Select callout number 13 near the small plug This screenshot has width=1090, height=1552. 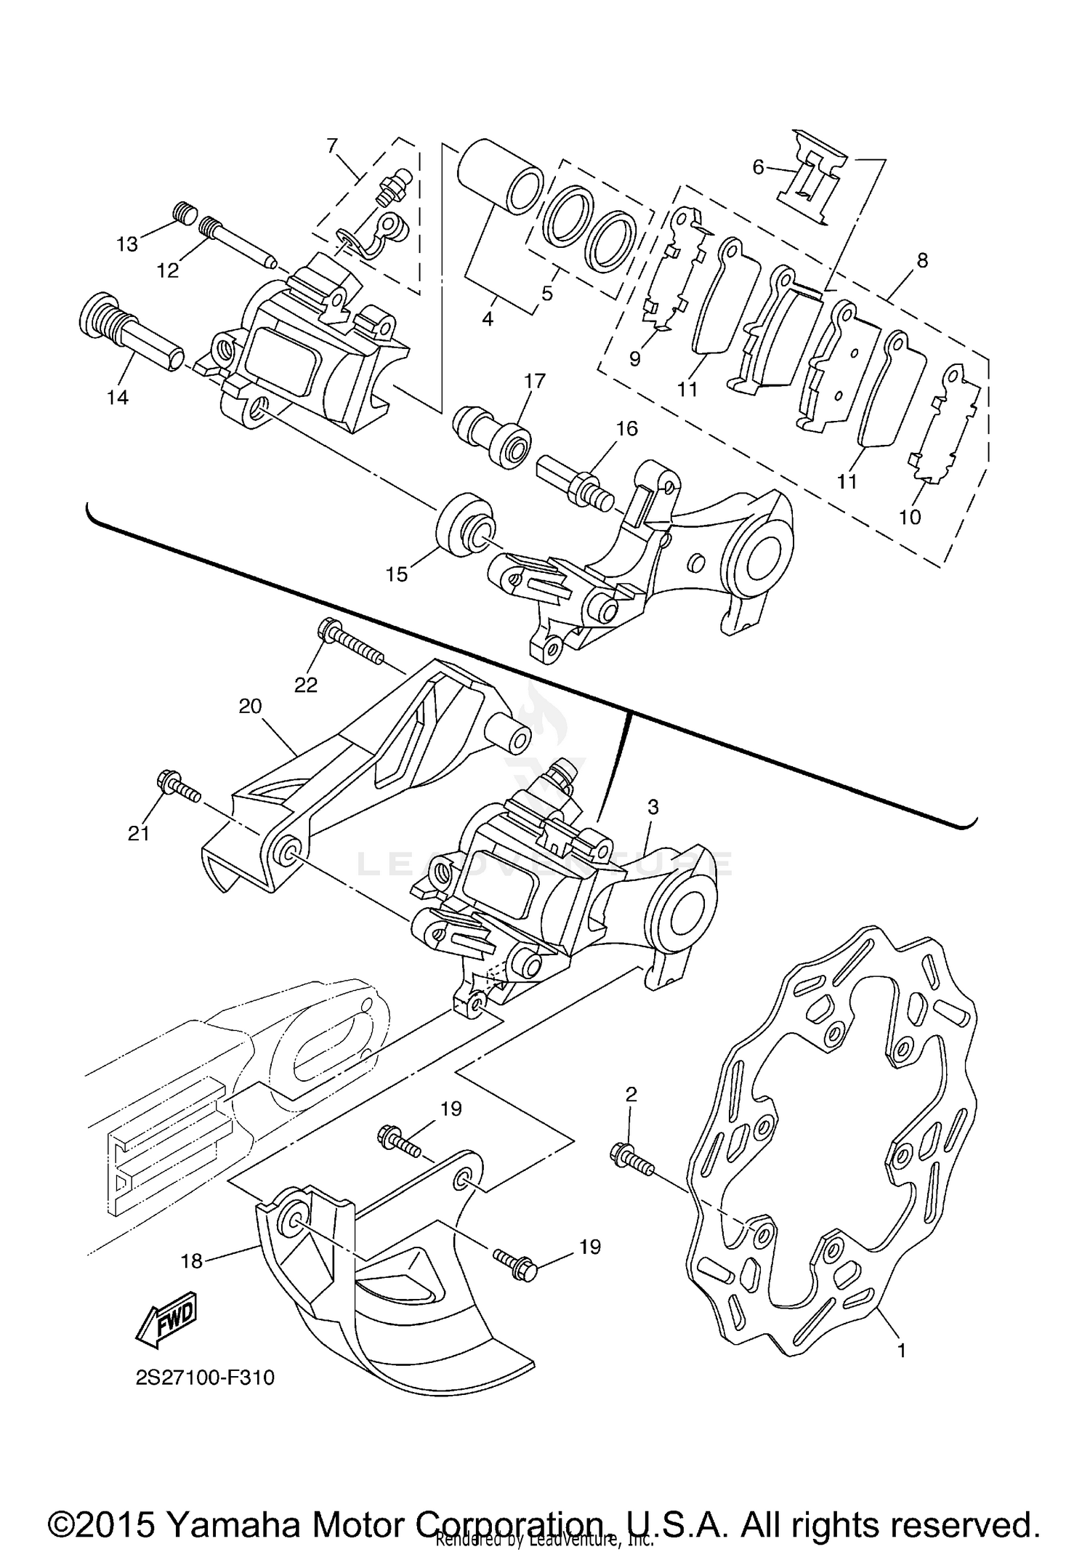coord(127,244)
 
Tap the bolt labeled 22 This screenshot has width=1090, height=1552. coord(350,640)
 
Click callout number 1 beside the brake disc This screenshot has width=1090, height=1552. coord(901,1351)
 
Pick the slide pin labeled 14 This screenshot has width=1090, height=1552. coord(131,334)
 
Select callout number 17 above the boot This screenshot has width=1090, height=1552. coord(535,381)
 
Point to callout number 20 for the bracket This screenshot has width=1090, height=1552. coord(250,706)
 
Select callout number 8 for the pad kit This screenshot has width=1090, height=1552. coord(922,260)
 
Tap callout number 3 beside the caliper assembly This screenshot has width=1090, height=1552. coord(653,806)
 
